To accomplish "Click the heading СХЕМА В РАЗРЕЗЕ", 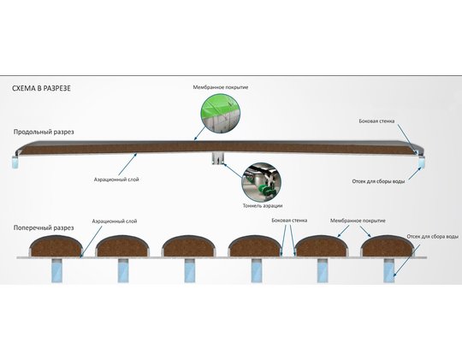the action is pos(41,88).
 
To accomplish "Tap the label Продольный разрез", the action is pos(44,132).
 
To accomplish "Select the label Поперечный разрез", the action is pos(44,227).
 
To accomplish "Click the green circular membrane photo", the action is pos(221,114).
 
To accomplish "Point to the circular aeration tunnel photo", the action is pos(261,182).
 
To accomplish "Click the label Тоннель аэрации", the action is pos(263,205).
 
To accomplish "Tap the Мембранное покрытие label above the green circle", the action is pos(221,87).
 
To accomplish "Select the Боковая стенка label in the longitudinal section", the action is pos(376,121).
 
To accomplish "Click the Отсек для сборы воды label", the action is pos(378,181).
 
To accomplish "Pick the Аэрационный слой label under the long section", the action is pos(116,180).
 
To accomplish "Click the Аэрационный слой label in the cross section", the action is pos(115,221).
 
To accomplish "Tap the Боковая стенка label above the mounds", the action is pos(289,221).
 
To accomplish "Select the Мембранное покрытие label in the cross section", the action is pos(358,221).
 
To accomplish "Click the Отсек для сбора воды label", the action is pos(433,237).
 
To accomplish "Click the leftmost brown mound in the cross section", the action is pos(56,245).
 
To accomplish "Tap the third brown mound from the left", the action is pos(188,245).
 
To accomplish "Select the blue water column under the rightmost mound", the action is pos(388,271).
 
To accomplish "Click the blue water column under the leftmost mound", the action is pos(56,271).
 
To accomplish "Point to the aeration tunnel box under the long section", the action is pos(218,159).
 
